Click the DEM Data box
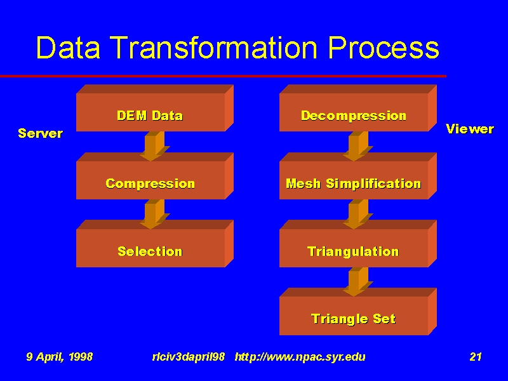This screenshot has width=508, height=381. pyautogui.click(x=155, y=108)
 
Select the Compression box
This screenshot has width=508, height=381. pyautogui.click(x=155, y=176)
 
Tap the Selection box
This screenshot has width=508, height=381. pyautogui.click(x=155, y=244)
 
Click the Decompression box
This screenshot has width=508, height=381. pyautogui.click(x=358, y=108)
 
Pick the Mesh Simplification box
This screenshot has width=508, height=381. pyautogui.click(x=358, y=176)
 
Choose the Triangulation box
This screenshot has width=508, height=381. pyautogui.click(x=358, y=244)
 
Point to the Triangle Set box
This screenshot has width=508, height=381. pyautogui.click(x=358, y=311)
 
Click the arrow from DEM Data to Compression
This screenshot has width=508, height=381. pyautogui.click(x=154, y=146)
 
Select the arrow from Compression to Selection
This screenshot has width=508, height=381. pyautogui.click(x=154, y=214)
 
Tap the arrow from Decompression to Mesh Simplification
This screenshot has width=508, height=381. pyautogui.click(x=358, y=146)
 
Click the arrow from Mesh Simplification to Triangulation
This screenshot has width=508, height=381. pyautogui.click(x=358, y=214)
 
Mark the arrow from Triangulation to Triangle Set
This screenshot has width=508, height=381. pyautogui.click(x=358, y=281)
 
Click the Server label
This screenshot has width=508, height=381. pyautogui.click(x=41, y=133)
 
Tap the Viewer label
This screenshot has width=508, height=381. pyautogui.click(x=470, y=129)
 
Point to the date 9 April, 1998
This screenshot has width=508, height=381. pyautogui.click(x=60, y=357)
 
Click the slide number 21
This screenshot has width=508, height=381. pyautogui.click(x=476, y=357)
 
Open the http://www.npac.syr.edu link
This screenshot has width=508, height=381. pyautogui.click(x=300, y=357)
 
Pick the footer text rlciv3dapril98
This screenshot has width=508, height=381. pyautogui.click(x=189, y=357)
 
